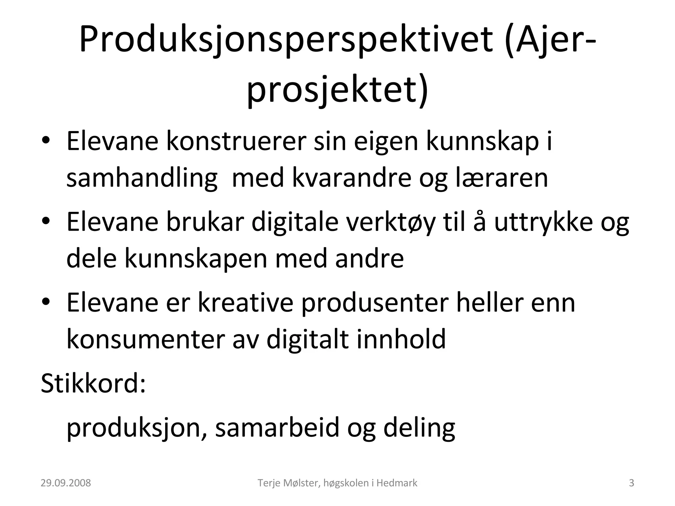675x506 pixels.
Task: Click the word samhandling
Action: click(142, 178)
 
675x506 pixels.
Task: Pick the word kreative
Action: click(245, 303)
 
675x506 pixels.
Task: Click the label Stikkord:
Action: click(93, 383)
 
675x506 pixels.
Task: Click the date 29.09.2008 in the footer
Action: click(66, 483)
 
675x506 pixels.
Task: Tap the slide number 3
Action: click(631, 483)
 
